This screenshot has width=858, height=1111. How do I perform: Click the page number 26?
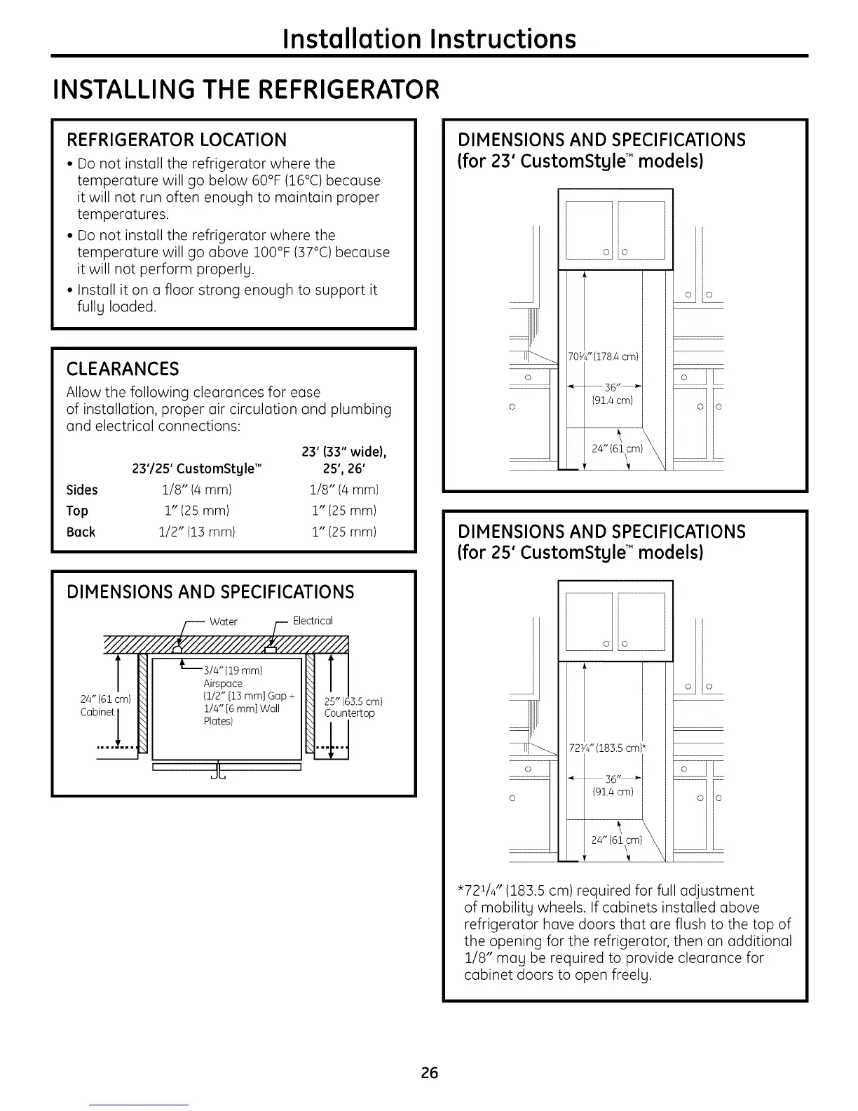coord(429,1072)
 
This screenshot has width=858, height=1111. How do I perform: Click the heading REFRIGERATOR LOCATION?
coord(176,140)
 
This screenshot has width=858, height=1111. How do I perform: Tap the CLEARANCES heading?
coord(123,369)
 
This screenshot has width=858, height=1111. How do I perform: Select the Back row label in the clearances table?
coord(81,532)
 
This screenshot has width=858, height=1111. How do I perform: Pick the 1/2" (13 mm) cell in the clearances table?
coord(196,532)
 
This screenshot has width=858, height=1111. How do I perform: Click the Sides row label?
coord(82,490)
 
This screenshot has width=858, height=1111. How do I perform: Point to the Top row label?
coord(77,511)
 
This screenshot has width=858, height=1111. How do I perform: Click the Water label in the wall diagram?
coord(223,621)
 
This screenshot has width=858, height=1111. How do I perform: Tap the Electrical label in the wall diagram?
coord(313,621)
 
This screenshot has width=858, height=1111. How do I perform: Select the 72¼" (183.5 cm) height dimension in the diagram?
coord(606,748)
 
